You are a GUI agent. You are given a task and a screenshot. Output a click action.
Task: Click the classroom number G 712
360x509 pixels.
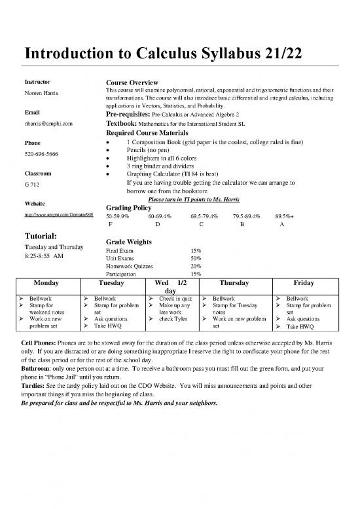32,186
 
